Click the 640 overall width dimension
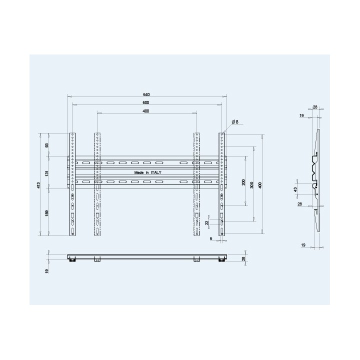pos(146,94)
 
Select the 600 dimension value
pos(146,102)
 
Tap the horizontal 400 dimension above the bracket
pos(146,111)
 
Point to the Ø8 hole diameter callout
pos(235,121)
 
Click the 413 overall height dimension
pos(38,185)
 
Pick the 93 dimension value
pos(47,145)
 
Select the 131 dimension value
pos(47,173)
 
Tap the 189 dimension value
pos(47,213)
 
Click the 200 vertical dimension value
pos(243,182)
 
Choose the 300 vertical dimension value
pos(252,185)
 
